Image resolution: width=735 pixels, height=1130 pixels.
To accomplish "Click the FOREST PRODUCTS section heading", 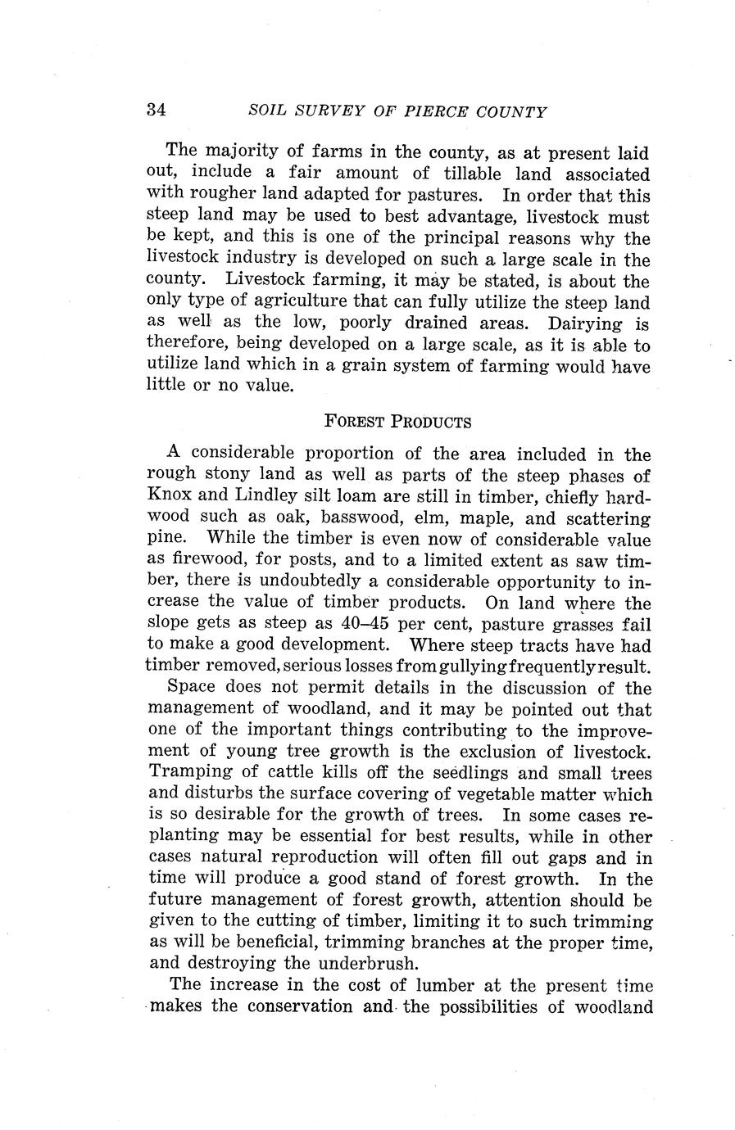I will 397,422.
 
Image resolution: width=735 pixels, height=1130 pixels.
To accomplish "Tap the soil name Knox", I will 168,496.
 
